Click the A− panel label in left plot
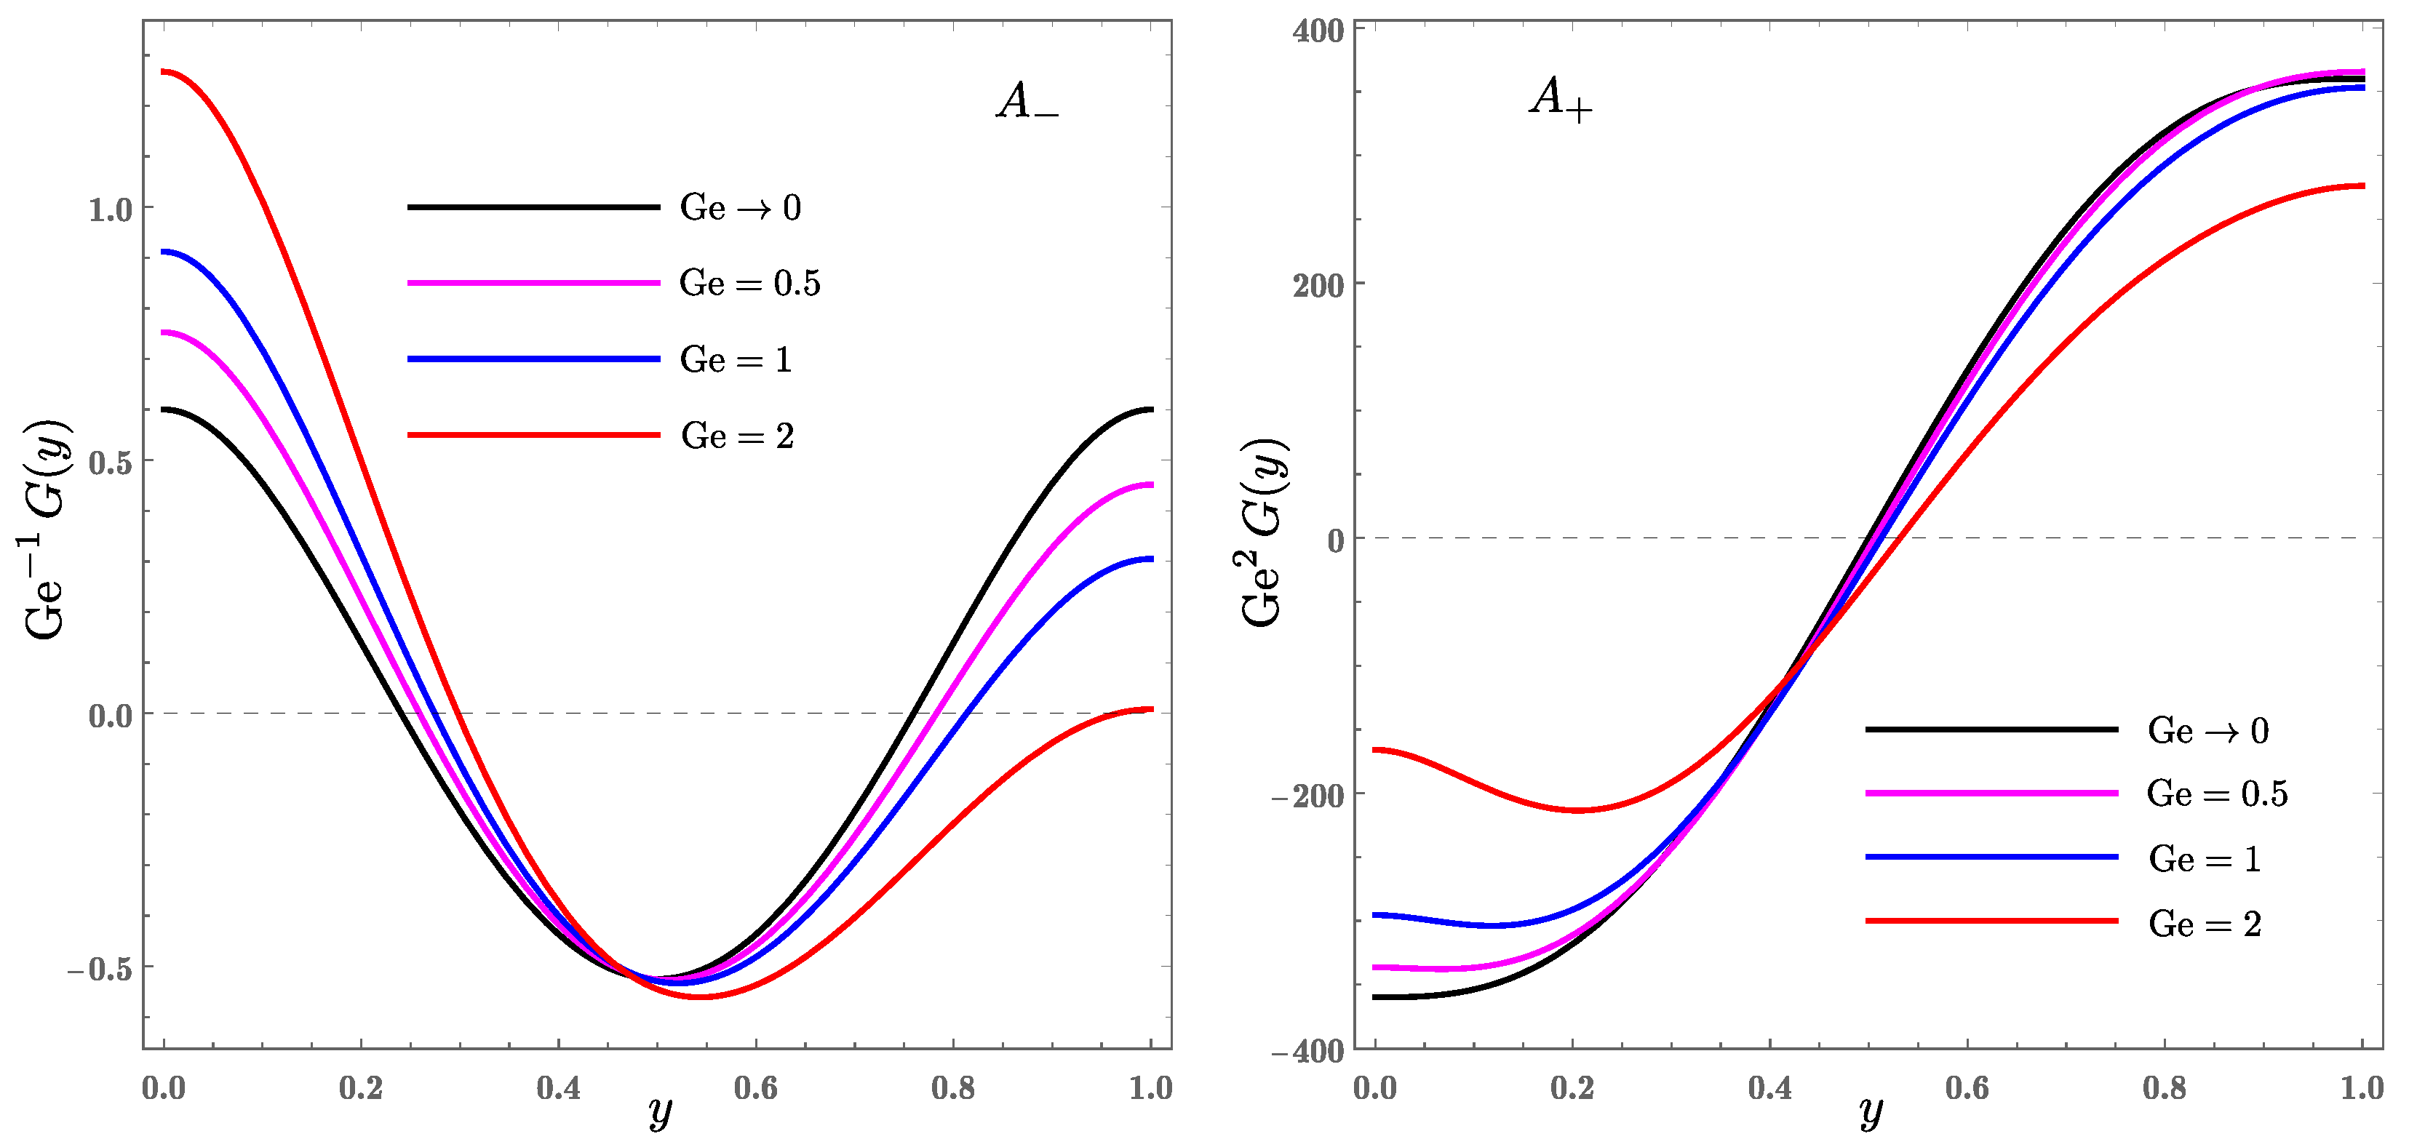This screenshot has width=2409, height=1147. click(1027, 102)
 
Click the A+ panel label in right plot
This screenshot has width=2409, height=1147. click(1560, 98)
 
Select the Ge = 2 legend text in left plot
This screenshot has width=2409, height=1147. click(737, 436)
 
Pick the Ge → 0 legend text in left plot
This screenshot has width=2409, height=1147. click(740, 207)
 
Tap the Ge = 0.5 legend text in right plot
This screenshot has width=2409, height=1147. click(2216, 794)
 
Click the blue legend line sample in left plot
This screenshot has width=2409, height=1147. click(533, 359)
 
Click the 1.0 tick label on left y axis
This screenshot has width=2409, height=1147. click(111, 209)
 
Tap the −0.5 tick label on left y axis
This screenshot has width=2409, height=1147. click(99, 970)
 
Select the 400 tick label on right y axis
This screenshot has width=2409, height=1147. click(1318, 31)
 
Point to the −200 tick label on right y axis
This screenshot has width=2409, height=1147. click(1307, 796)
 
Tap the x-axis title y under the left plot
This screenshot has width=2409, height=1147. click(659, 1112)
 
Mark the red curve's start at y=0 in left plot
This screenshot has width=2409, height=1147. click(164, 71)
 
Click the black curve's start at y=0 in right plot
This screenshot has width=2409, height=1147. click(1374, 997)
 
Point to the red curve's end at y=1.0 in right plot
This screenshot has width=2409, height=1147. click(2362, 186)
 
